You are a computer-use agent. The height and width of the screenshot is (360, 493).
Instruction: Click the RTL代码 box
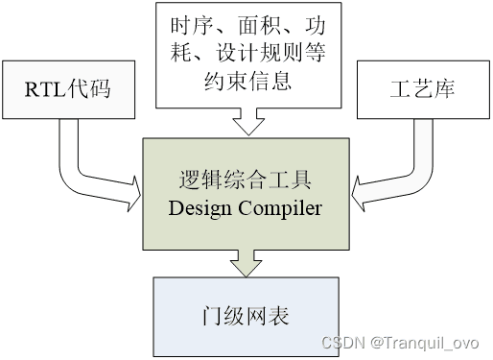68,89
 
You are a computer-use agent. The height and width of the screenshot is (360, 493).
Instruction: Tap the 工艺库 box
423,89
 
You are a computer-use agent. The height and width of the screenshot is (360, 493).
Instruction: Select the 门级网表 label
246,316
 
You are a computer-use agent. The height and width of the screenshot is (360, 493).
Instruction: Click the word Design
200,208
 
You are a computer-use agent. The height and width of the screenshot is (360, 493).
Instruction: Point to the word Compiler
280,208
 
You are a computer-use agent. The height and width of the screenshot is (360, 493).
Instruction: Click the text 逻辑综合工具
245,180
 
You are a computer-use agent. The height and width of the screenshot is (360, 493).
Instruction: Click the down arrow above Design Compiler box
248,122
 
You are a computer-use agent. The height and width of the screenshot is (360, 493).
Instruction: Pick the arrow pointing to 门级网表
246,263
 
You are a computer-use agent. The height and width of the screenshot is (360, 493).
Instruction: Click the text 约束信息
248,81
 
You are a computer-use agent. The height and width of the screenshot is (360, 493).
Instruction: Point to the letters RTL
45,89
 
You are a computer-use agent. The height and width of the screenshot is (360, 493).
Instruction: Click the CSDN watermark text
343,343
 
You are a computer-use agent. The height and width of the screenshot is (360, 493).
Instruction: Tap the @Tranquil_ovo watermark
425,344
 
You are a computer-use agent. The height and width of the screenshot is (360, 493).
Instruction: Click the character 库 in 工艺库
445,89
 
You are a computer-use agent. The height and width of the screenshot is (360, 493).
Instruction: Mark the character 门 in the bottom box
213,316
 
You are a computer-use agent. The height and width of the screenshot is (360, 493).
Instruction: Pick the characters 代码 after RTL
88,88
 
